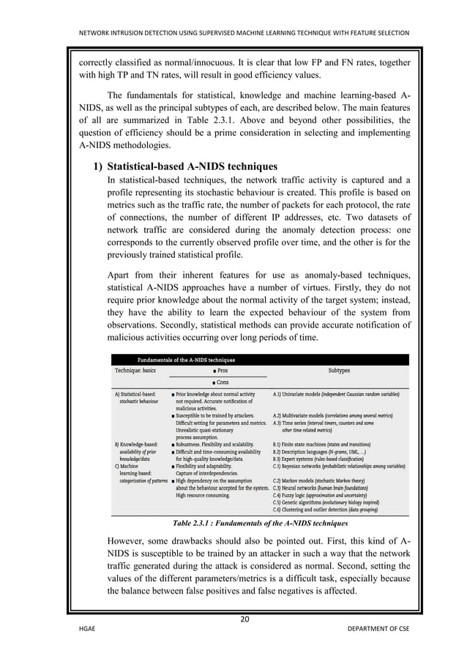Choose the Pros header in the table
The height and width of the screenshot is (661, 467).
tap(220, 371)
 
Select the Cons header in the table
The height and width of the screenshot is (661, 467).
tap(220, 383)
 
